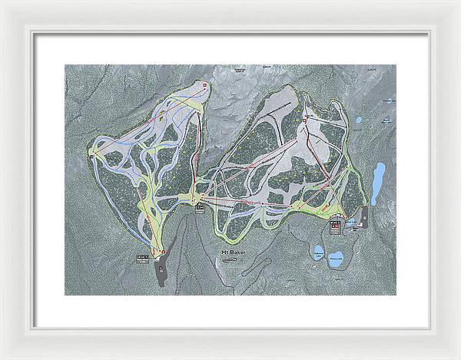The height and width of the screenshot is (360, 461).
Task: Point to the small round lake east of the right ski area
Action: [x=359, y=121]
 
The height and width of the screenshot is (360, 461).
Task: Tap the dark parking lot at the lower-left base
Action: [x=161, y=269]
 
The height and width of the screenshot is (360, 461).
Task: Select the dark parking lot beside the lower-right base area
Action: [x=363, y=216]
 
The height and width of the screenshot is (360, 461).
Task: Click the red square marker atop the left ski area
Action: [x=205, y=84]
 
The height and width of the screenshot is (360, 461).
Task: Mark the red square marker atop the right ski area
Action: [x=306, y=120]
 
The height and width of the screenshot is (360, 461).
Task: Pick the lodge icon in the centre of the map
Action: [x=199, y=206]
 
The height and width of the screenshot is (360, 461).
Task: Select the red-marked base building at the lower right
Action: [x=336, y=226]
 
